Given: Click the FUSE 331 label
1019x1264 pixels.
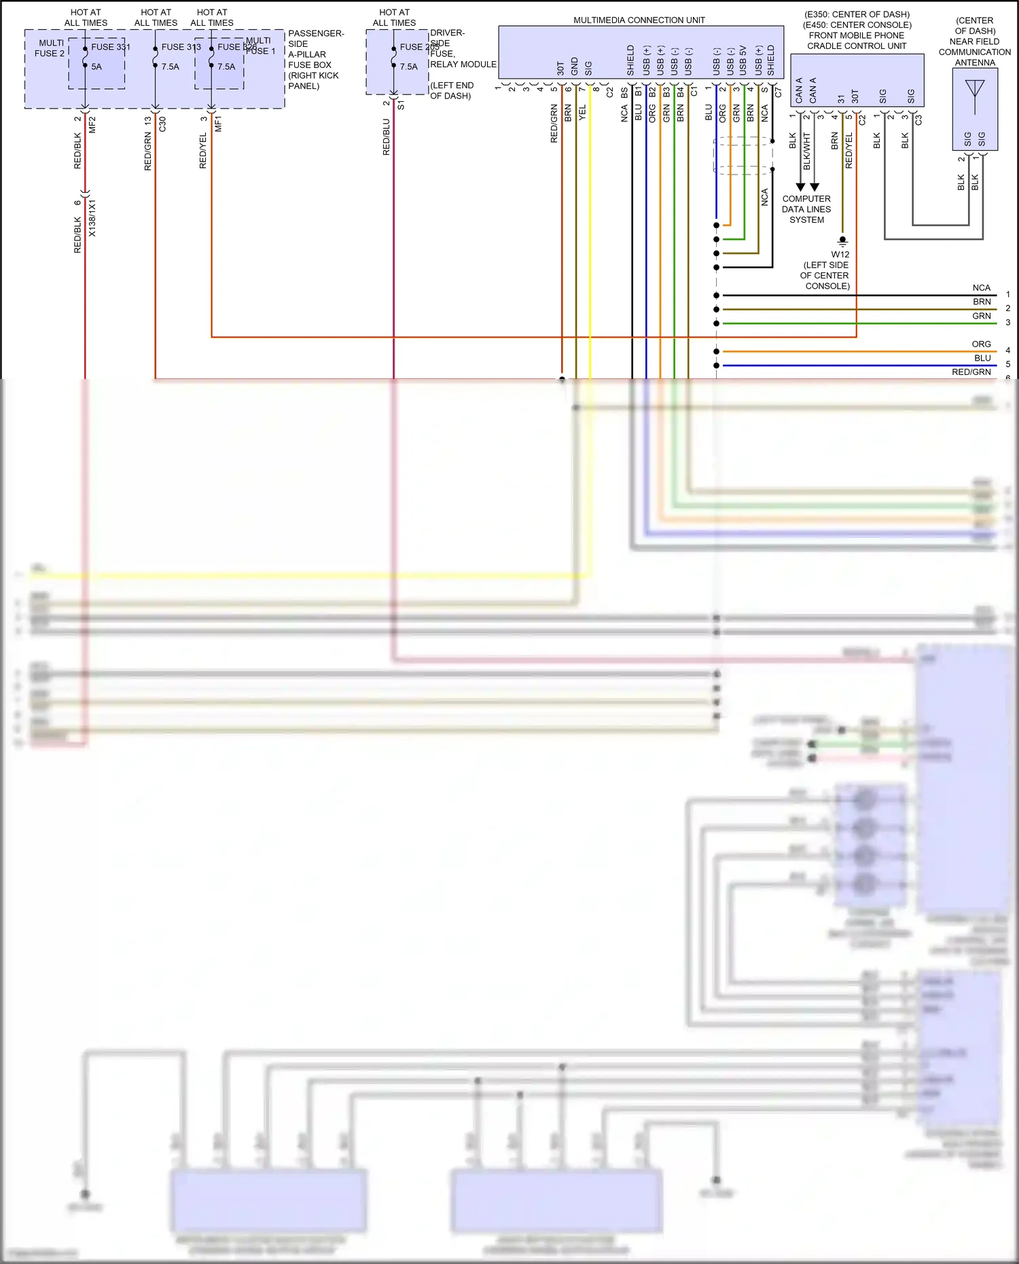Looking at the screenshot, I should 111,47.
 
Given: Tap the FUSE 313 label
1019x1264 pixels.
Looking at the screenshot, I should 181,47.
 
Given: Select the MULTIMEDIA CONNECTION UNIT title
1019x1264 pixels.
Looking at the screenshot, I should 639,20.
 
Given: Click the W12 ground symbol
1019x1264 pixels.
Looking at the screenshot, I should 842,240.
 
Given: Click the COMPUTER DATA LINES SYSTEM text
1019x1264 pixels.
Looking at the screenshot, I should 806,209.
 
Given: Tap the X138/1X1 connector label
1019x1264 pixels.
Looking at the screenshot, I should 92,218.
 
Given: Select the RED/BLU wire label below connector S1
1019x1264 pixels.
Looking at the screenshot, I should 386,137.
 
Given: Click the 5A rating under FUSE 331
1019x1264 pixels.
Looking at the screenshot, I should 96,67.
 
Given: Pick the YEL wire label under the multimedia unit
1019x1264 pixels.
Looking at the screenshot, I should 582,113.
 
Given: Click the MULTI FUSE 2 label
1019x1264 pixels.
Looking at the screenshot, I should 50,48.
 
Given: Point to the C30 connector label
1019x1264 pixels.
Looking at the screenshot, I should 162,124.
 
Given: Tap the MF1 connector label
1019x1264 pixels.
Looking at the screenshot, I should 218,124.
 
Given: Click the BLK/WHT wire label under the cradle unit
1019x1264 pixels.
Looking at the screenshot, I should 806,151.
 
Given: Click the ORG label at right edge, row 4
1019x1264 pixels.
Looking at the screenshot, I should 981,344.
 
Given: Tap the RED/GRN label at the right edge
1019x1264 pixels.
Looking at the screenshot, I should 971,372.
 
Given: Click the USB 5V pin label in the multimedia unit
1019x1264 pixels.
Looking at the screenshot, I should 743,61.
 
